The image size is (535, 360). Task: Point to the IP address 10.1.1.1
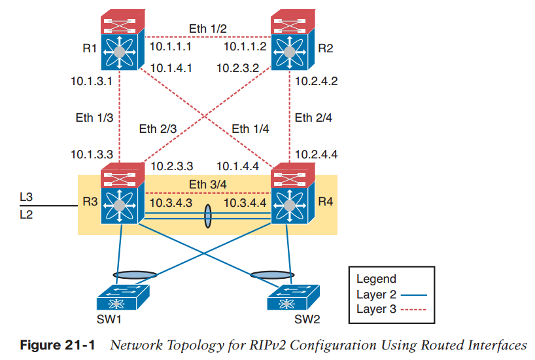pos(170,47)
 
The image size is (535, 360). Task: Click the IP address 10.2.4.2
pos(317,82)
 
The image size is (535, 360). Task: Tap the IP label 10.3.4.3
pos(171,204)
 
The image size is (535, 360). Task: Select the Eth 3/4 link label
pos(207,185)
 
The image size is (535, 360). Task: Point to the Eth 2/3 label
pos(158,129)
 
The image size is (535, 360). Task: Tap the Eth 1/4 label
pos(250,129)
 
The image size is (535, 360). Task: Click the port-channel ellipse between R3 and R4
pos(208,217)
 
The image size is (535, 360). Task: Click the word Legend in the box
pos(376,279)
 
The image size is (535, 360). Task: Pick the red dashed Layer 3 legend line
pos(413,310)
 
